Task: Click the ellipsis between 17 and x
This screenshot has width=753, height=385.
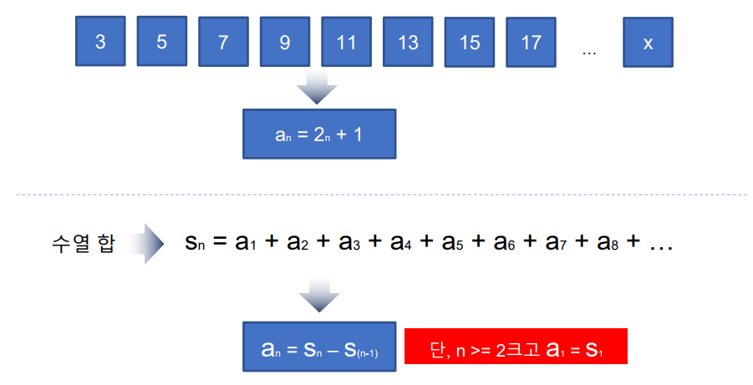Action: pyautogui.click(x=589, y=52)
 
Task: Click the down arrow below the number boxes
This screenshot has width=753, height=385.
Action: pyautogui.click(x=318, y=88)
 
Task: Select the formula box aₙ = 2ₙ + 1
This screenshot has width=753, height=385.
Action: pyautogui.click(x=318, y=134)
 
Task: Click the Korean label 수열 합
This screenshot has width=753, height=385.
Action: pyautogui.click(x=81, y=244)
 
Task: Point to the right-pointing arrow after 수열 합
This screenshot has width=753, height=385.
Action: pyautogui.click(x=150, y=244)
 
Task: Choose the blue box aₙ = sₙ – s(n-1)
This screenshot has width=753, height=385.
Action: pyautogui.click(x=318, y=346)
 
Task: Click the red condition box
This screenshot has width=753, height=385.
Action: pyautogui.click(x=516, y=346)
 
